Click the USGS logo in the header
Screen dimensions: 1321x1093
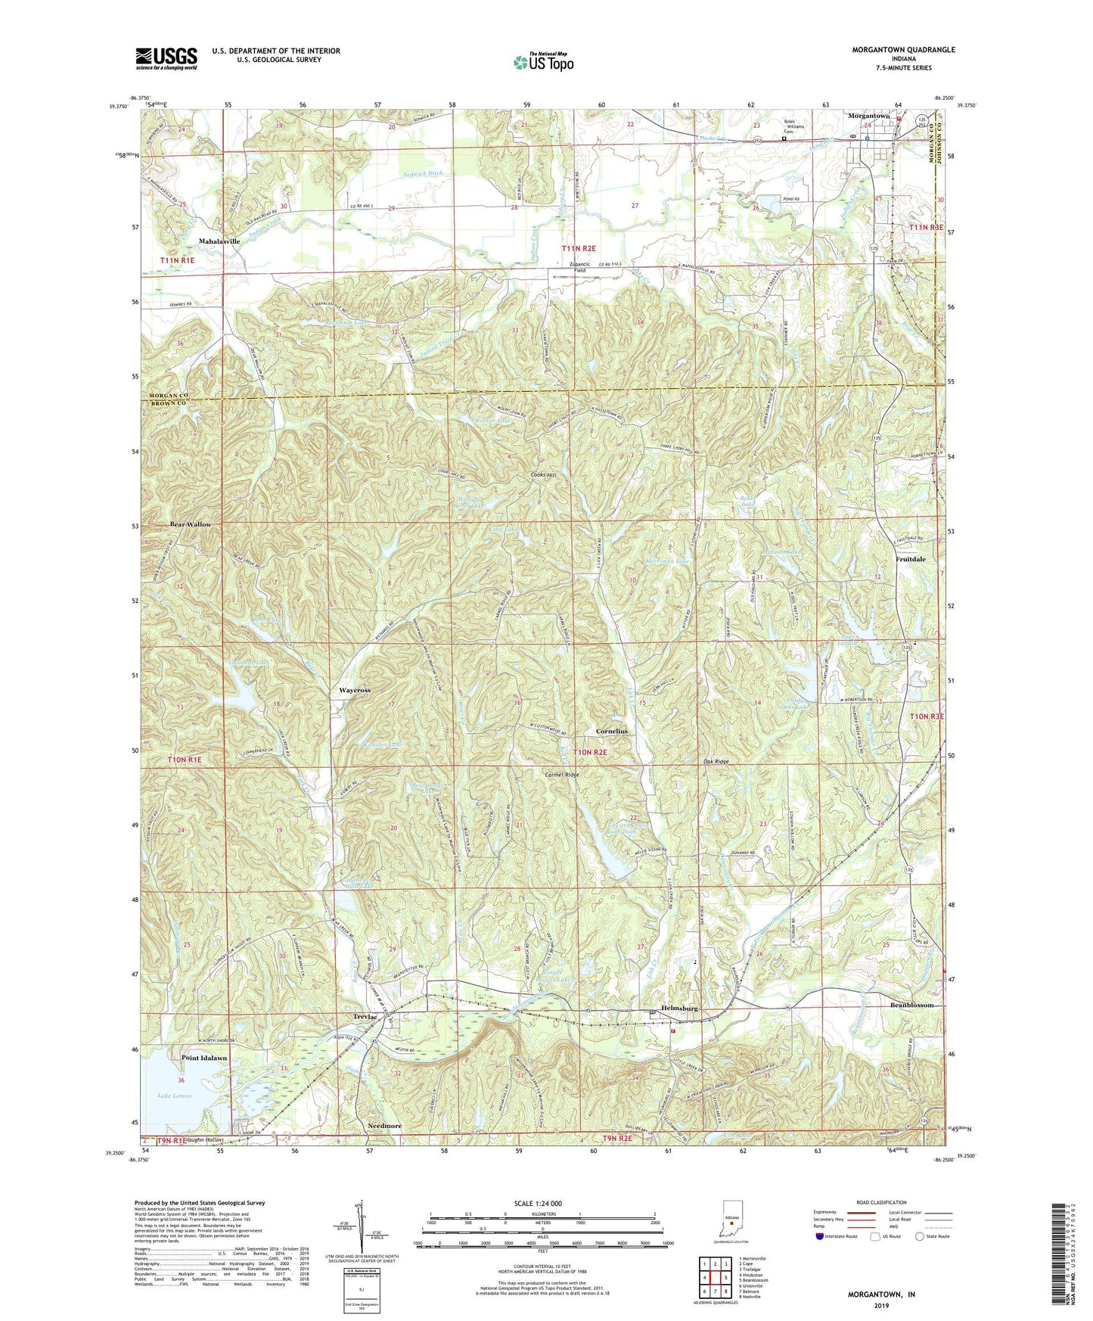pos(166,58)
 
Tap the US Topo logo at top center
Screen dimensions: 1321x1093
pos(544,62)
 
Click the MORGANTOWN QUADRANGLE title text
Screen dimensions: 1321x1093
pos(903,50)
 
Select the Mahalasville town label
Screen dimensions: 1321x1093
pos(219,241)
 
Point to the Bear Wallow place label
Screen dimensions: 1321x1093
pos(191,524)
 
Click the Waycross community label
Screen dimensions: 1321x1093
pos(354,691)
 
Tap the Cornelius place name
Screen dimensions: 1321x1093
pos(611,732)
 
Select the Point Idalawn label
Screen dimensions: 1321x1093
pos(203,1058)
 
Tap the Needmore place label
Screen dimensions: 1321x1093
pos(384,1126)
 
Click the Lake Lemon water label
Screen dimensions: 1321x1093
pos(175,1096)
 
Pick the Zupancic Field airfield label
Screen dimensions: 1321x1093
pos(579,267)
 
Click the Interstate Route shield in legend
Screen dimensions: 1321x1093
pos(821,1236)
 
